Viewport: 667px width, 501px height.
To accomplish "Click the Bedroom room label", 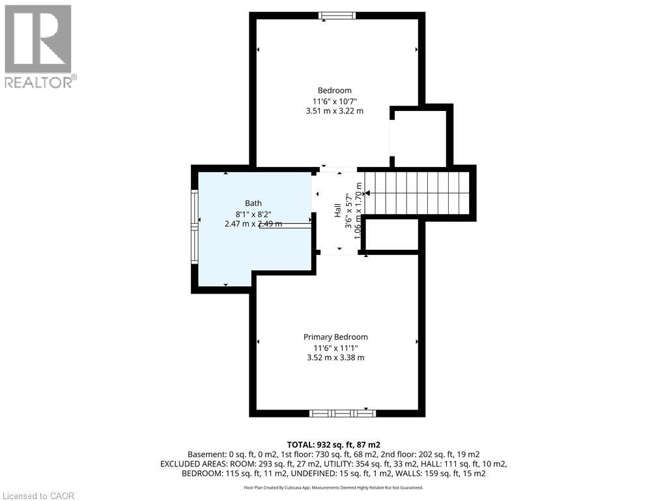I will [x=334, y=91].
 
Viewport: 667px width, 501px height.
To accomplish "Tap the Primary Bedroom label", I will [x=335, y=337].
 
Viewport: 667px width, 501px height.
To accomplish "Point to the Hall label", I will [x=337, y=211].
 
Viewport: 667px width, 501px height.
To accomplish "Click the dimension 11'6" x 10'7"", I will [x=335, y=101].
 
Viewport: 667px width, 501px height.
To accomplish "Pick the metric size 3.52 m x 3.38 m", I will [x=335, y=357].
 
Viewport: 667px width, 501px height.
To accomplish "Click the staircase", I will [x=417, y=193].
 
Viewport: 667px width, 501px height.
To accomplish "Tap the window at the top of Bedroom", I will [x=337, y=16].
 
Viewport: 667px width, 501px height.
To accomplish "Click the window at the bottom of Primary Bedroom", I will [x=342, y=413].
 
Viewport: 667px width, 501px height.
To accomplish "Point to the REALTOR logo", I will [x=38, y=46].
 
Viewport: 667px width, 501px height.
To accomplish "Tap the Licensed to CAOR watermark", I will [x=38, y=496].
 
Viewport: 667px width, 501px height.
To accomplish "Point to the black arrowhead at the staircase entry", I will [x=367, y=193].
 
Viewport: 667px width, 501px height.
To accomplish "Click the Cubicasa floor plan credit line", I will [x=333, y=487].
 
